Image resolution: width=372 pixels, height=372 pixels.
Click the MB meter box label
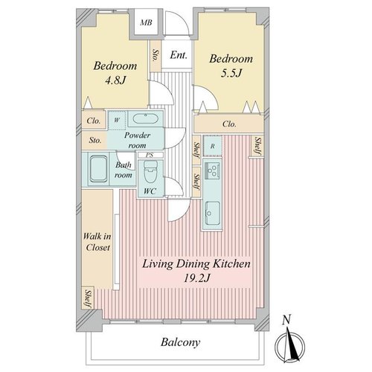(146, 23)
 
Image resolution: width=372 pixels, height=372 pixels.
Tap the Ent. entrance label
(179, 55)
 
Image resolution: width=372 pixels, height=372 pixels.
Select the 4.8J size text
(115, 80)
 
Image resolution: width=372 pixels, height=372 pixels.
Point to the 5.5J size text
(231, 73)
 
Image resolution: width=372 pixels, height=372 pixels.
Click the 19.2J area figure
(196, 278)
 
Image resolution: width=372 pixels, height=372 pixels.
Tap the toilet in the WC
(150, 173)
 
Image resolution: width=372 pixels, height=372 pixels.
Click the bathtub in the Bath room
(98, 169)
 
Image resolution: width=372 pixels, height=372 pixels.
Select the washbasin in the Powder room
(145, 118)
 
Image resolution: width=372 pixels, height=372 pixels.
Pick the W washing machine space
(117, 121)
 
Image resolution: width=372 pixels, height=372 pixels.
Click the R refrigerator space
(213, 146)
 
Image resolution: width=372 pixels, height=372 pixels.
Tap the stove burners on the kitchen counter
(212, 170)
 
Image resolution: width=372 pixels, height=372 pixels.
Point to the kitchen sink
(212, 213)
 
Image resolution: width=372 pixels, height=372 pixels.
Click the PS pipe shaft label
(150, 155)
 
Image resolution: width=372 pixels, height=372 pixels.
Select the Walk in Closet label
(97, 242)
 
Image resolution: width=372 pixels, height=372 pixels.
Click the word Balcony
(180, 342)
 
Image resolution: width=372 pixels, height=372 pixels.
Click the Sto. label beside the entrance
(155, 55)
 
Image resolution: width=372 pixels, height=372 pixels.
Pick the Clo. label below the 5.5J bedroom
(229, 124)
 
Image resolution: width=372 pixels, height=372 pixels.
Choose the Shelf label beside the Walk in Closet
(89, 299)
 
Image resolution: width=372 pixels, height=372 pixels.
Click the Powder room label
(137, 140)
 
